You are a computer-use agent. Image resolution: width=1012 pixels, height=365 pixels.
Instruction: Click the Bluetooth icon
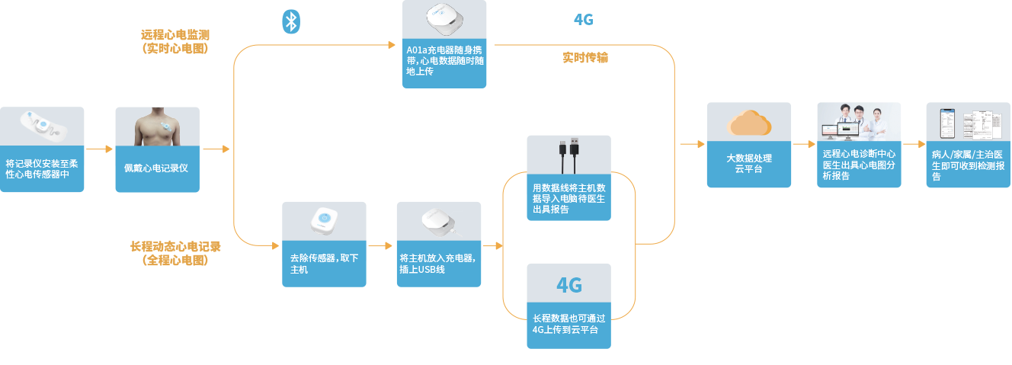[290, 21]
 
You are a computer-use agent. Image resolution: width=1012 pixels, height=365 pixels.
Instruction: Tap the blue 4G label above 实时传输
[583, 20]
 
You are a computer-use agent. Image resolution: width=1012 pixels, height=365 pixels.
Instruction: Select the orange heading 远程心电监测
[175, 35]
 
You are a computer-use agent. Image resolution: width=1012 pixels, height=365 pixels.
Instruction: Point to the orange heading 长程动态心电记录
[175, 247]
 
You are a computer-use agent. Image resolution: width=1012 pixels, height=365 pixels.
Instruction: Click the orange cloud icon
[748, 123]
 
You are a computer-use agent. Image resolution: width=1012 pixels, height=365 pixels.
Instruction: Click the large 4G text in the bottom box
[568, 286]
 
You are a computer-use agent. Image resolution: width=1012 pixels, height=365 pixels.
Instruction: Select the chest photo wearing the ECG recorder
[157, 126]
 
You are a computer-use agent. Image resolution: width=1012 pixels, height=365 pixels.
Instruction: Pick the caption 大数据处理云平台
[748, 164]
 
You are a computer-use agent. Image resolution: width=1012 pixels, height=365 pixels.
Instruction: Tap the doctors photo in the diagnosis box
[858, 123]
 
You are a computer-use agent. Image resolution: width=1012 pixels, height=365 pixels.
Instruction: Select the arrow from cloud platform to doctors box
[803, 144]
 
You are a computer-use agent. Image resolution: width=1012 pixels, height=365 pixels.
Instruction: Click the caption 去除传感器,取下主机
[324, 264]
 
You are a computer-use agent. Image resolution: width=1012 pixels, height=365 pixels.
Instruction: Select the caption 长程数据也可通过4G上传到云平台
[568, 324]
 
